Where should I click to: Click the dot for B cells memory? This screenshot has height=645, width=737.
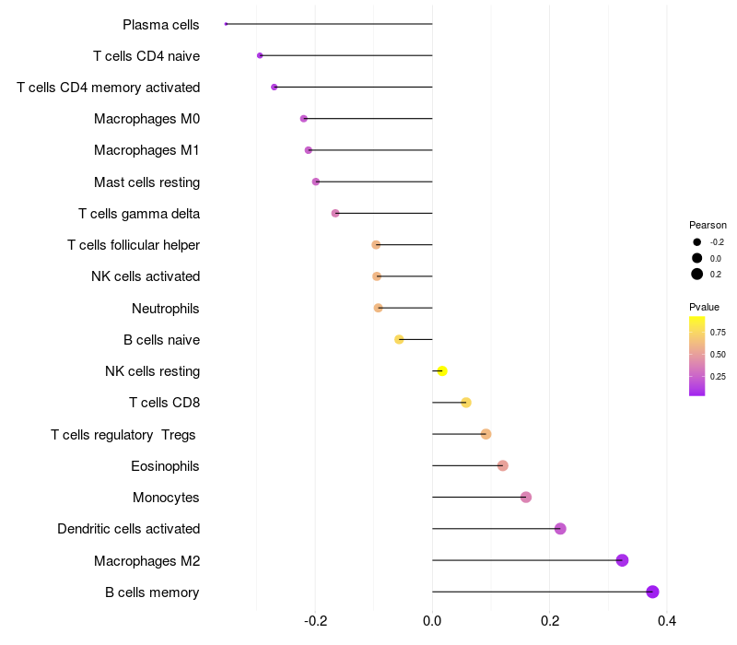[x=652, y=592]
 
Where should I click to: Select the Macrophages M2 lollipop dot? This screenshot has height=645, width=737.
[x=622, y=560]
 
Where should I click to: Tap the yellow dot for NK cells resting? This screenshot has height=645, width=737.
[x=442, y=371]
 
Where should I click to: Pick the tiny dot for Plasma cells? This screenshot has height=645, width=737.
[x=226, y=24]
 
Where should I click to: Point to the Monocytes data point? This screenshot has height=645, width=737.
[x=526, y=498]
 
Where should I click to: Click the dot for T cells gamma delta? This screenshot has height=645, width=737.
[x=335, y=214]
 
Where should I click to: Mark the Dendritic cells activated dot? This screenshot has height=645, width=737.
[x=560, y=529]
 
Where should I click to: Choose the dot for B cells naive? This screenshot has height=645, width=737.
[x=399, y=339]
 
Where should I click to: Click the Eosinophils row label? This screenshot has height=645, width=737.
[x=165, y=466]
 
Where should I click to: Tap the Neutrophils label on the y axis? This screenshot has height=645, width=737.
[x=166, y=309]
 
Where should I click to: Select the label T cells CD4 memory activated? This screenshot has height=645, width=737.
[x=109, y=88]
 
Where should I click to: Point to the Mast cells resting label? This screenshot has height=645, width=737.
[x=147, y=182]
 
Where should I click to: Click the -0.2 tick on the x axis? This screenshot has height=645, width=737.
[x=315, y=621]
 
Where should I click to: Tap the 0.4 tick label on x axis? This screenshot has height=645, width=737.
[x=667, y=621]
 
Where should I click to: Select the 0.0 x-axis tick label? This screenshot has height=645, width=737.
[x=432, y=621]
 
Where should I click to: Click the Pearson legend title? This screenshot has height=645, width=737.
[x=708, y=225]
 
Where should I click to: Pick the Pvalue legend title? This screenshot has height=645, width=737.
[x=704, y=307]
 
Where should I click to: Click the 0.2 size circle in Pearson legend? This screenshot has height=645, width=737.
[x=697, y=274]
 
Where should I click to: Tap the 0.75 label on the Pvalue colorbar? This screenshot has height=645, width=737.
[x=718, y=333]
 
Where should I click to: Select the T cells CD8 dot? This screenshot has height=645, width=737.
[x=466, y=403]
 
